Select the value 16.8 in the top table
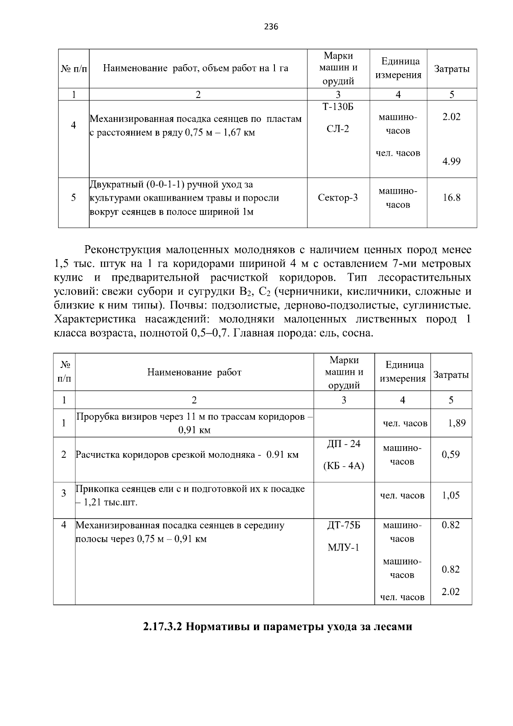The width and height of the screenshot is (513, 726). pyautogui.click(x=451, y=198)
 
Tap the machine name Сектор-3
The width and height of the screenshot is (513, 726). pyautogui.click(x=338, y=198)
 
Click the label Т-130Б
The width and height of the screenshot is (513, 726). pyautogui.click(x=338, y=107)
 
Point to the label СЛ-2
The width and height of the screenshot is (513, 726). pyautogui.click(x=338, y=129)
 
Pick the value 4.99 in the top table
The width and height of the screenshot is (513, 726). pyautogui.click(x=451, y=162)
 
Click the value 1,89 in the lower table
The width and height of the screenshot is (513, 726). pyautogui.click(x=457, y=423)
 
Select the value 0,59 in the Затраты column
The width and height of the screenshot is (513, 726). pyautogui.click(x=451, y=455)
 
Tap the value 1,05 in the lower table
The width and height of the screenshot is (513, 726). pyautogui.click(x=451, y=495)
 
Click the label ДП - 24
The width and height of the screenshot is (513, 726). pyautogui.click(x=344, y=444)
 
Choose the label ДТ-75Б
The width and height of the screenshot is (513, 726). pyautogui.click(x=344, y=525)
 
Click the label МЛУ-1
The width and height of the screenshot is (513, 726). pyautogui.click(x=344, y=548)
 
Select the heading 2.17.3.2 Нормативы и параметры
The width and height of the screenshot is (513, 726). pyautogui.click(x=277, y=627)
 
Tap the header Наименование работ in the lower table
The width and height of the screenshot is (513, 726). pyautogui.click(x=194, y=372)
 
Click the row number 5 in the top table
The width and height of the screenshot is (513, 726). pyautogui.click(x=74, y=198)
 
